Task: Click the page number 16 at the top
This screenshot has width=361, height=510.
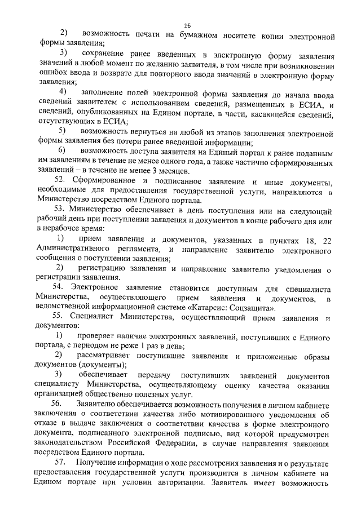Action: tap(188, 25)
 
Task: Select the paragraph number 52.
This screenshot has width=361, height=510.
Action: tap(64, 180)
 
